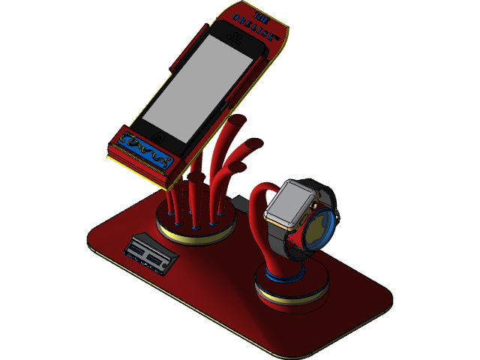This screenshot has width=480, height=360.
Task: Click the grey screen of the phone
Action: [197, 81]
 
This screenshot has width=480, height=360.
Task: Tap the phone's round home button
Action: [158, 136]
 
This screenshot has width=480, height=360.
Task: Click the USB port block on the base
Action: [151, 253]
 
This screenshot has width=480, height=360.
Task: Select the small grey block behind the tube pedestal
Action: [239, 202]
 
